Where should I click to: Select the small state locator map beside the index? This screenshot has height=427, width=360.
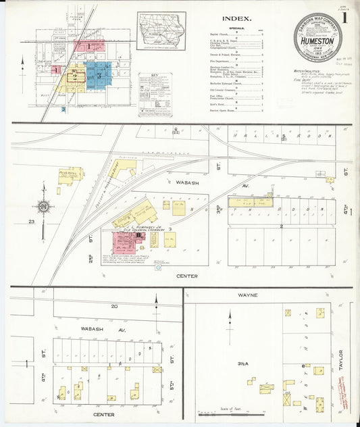click(x=161, y=30)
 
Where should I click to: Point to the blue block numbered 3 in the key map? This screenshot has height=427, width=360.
click(x=100, y=76)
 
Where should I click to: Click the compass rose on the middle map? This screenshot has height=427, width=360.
click(x=43, y=205)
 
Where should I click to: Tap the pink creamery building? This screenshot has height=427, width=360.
click(x=124, y=241)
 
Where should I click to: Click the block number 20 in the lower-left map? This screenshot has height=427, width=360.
click(x=114, y=306)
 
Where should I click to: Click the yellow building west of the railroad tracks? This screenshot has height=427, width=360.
click(x=70, y=175)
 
